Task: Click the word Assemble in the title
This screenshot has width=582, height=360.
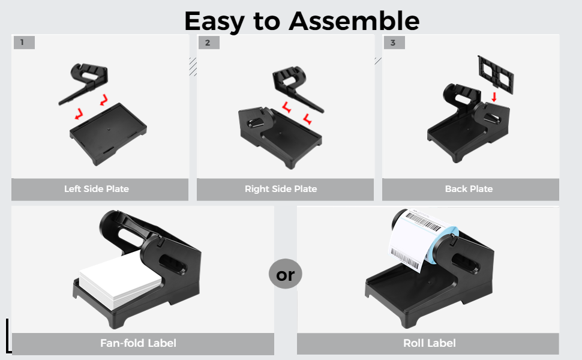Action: [x=354, y=21]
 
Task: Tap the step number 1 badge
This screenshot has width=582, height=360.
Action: [x=23, y=43]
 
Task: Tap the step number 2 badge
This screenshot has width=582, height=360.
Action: [x=208, y=43]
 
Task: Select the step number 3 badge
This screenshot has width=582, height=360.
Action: [x=393, y=43]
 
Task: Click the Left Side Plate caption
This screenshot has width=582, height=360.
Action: [x=97, y=189]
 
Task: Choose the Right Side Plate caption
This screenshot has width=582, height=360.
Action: [x=281, y=189]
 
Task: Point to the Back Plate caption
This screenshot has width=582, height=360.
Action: [x=469, y=189]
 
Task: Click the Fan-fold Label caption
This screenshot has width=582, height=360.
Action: [x=138, y=344]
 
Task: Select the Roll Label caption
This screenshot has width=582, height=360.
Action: [x=429, y=344]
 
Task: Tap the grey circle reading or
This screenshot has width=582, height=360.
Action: [x=286, y=275]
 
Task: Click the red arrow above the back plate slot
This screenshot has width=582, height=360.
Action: [x=493, y=96]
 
